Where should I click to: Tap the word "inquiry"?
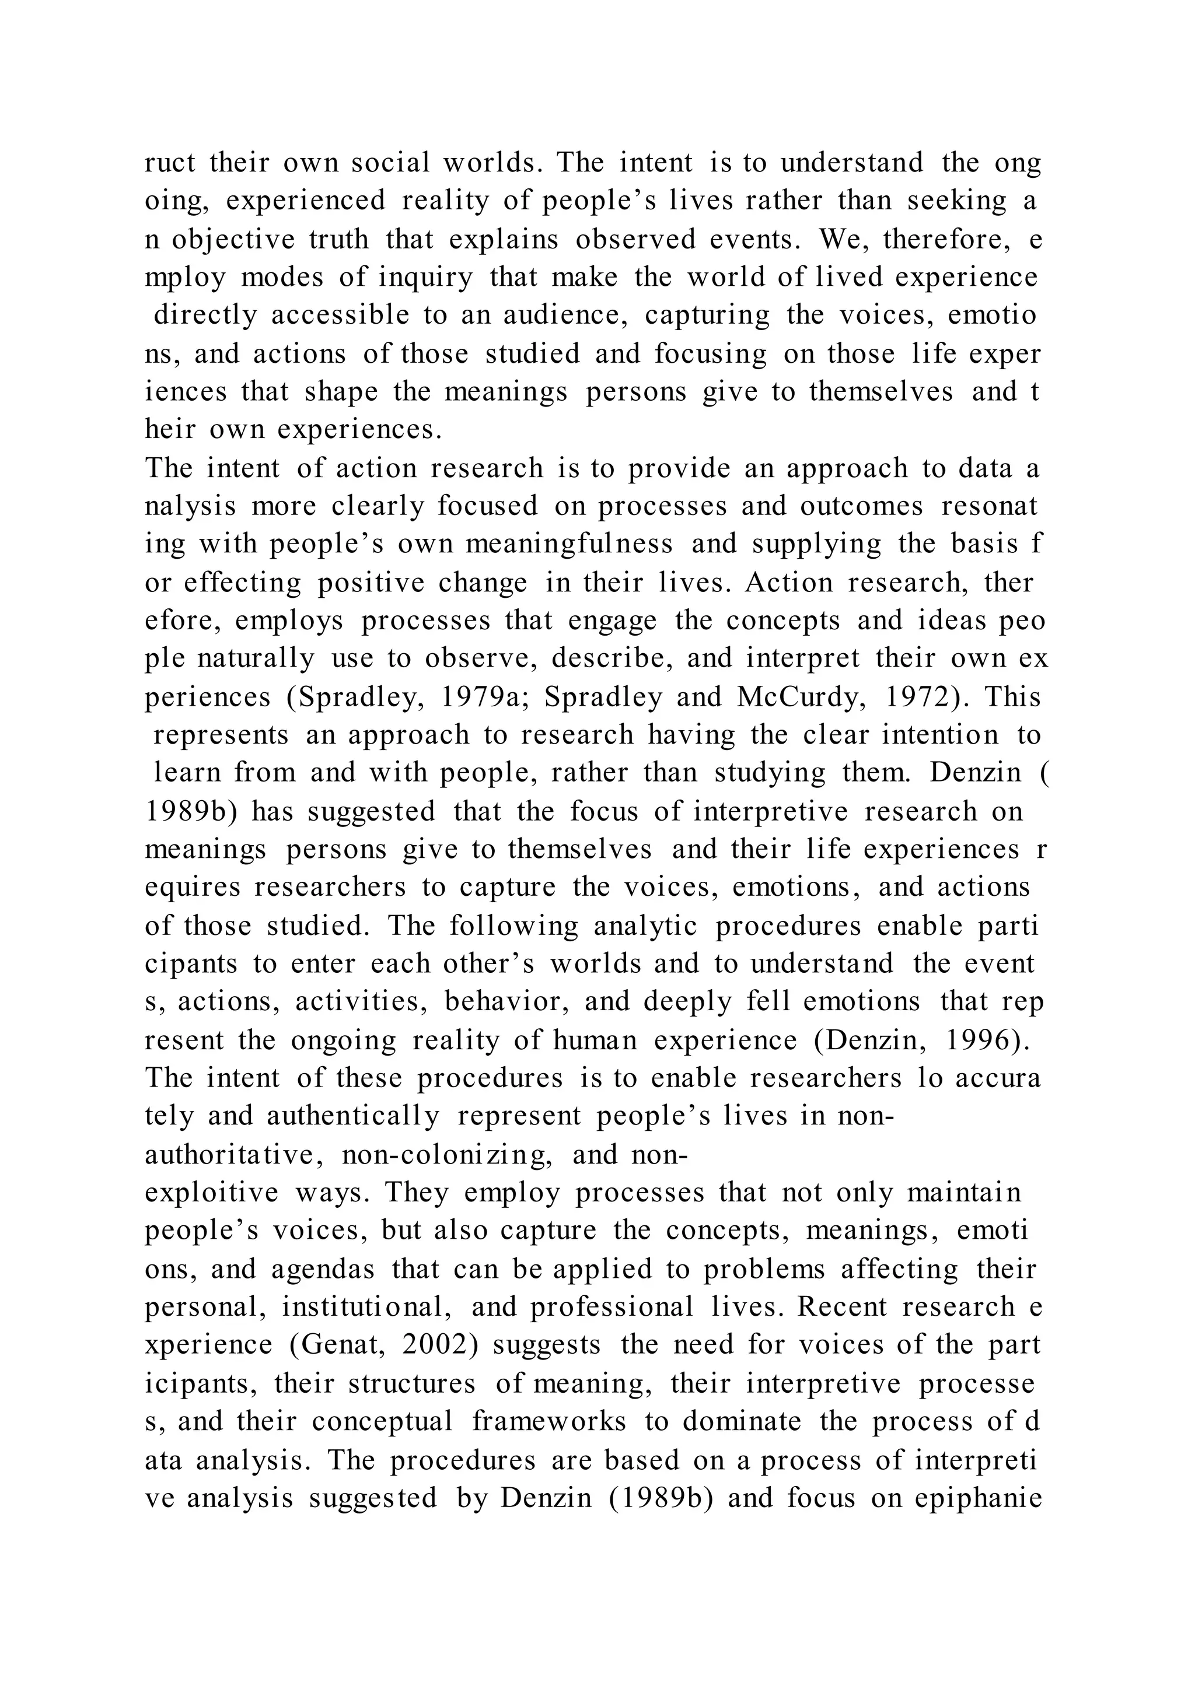[x=425, y=278]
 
